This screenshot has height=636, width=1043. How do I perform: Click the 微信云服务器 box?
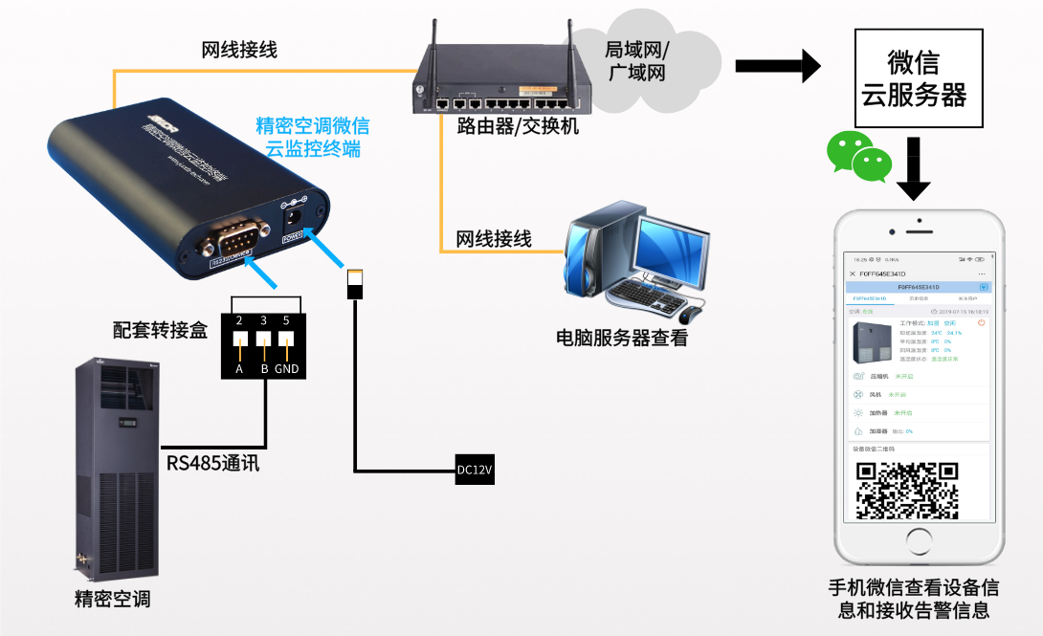pos(914,78)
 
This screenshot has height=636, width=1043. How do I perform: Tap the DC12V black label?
pos(474,471)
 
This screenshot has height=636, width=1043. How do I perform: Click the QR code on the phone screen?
pos(906,490)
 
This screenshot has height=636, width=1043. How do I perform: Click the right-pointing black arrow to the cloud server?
pos(777,66)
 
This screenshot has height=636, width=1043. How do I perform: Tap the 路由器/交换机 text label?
pos(518,126)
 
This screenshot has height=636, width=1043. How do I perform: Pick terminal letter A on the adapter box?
pos(239,369)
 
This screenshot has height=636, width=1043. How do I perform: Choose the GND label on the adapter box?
pos(286,369)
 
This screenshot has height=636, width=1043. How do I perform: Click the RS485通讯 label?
pos(212,464)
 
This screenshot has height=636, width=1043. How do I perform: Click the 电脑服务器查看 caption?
pos(621,339)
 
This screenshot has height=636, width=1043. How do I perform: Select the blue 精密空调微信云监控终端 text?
pos(313,137)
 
